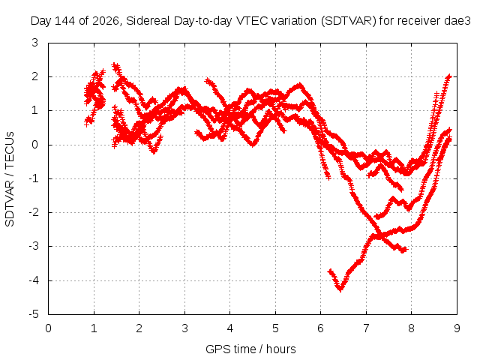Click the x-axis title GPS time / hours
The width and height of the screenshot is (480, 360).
tap(250, 349)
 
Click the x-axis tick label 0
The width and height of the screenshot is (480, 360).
tap(48, 328)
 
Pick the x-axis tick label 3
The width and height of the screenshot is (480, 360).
tap(184, 328)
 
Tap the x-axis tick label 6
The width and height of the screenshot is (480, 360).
tap(321, 328)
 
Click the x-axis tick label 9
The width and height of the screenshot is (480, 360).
tap(457, 328)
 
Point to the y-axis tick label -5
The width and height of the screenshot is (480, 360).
tap(34, 314)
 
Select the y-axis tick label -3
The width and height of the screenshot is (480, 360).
tap(34, 247)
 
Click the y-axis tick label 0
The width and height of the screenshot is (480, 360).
tap(35, 145)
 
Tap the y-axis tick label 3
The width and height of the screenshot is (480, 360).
tap(35, 43)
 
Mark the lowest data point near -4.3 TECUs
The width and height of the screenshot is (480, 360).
tap(340, 289)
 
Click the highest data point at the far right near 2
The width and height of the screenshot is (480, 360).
tap(449, 76)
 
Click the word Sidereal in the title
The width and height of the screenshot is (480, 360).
tap(148, 21)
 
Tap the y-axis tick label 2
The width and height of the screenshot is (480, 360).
tap(35, 76)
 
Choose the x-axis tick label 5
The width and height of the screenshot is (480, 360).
tap(275, 328)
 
